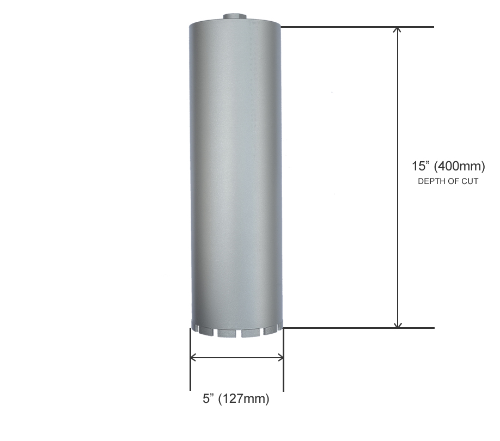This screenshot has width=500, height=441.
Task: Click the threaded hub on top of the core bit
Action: [235, 17]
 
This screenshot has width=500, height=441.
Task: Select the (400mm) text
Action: [460, 167]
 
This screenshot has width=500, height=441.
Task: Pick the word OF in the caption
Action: [453, 181]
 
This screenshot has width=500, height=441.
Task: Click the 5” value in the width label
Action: [209, 399]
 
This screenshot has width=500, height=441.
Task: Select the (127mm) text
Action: [244, 399]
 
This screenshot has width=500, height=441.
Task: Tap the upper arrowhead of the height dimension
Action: [397, 29]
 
